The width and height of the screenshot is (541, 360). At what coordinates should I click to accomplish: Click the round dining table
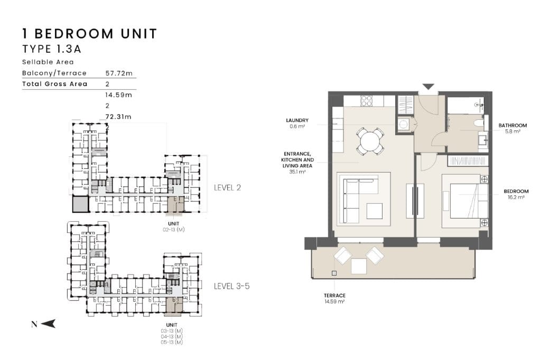(369, 141)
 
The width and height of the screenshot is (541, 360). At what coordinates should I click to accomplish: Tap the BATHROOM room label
(512, 126)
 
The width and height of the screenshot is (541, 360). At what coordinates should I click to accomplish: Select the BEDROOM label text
(516, 192)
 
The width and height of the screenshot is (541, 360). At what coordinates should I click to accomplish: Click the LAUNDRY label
(297, 120)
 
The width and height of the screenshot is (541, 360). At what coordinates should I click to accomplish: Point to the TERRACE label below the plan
(334, 296)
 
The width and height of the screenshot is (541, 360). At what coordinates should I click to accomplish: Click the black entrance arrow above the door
(428, 87)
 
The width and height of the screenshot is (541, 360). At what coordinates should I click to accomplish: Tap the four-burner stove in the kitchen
(367, 101)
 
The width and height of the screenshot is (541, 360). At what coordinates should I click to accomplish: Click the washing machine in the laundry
(403, 124)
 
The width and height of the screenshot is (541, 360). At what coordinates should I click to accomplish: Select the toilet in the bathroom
(479, 123)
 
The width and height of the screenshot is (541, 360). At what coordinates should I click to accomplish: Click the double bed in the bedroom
(465, 201)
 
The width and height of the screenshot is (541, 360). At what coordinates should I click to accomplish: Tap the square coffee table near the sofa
(375, 211)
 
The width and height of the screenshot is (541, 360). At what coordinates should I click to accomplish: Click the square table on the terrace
(359, 266)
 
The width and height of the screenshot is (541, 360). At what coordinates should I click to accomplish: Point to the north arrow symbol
(48, 324)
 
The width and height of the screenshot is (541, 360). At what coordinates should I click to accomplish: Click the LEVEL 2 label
(227, 187)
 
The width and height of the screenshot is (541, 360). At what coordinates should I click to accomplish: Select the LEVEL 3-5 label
(231, 286)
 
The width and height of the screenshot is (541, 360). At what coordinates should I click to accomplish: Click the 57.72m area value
(119, 73)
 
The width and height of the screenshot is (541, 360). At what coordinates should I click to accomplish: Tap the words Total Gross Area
(54, 84)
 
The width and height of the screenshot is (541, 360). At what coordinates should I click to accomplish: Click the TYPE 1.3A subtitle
(52, 49)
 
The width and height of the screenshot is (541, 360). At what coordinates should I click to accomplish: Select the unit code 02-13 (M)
(173, 230)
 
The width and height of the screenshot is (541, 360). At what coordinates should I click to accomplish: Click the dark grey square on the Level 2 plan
(81, 204)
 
